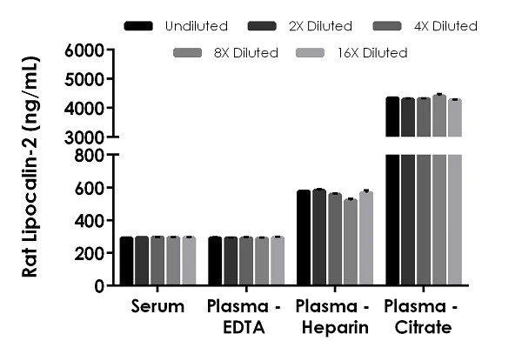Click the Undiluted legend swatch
[139, 26]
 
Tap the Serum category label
[158, 307]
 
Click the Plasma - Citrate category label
[423, 317]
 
